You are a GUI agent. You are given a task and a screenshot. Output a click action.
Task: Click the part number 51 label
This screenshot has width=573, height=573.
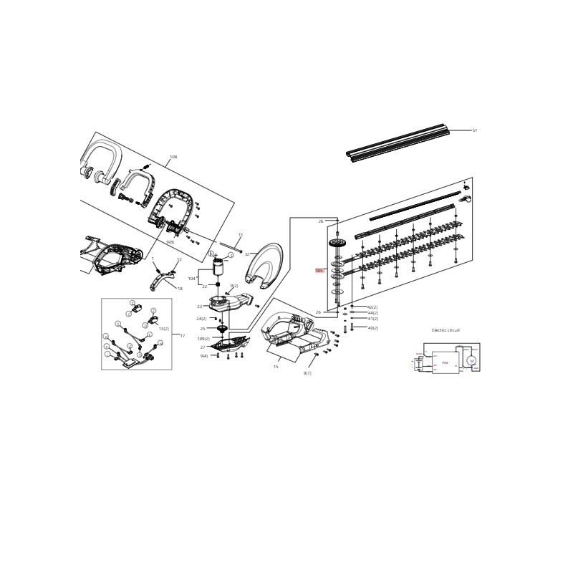[x=474, y=130]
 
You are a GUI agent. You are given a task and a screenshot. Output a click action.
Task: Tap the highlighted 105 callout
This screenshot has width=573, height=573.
[x=319, y=271]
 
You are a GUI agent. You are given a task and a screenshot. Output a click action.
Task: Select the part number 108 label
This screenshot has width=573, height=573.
[x=173, y=157]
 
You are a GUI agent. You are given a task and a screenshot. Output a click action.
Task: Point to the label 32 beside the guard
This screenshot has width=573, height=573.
[x=247, y=254]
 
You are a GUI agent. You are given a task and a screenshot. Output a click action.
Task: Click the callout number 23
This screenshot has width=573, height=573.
[x=200, y=307]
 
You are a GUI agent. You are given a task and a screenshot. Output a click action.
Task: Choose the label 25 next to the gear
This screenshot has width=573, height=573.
[x=203, y=329]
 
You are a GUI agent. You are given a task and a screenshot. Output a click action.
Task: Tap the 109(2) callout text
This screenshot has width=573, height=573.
[x=203, y=339]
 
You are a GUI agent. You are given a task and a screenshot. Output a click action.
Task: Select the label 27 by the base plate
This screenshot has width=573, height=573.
[x=203, y=347]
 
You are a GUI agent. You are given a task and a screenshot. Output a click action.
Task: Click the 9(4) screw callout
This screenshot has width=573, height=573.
[x=204, y=356]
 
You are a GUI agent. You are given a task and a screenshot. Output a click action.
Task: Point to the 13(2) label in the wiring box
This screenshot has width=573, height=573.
[x=164, y=329]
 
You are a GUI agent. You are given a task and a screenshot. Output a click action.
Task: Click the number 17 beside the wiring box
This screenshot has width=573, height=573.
[x=182, y=335]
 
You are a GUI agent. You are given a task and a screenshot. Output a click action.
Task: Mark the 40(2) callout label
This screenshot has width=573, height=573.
[x=373, y=328]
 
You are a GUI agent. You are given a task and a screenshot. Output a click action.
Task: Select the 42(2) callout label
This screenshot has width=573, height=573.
[x=372, y=307]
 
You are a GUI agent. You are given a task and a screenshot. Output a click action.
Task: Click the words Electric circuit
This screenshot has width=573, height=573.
[x=446, y=330]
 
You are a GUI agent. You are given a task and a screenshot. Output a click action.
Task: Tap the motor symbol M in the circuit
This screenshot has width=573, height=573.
[x=471, y=360]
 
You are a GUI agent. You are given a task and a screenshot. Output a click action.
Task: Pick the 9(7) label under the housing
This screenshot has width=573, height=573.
[x=307, y=373]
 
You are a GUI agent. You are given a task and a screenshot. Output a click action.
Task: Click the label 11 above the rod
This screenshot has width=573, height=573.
[x=241, y=235]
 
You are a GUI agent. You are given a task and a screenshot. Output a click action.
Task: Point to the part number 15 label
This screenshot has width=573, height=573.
[x=276, y=367]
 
